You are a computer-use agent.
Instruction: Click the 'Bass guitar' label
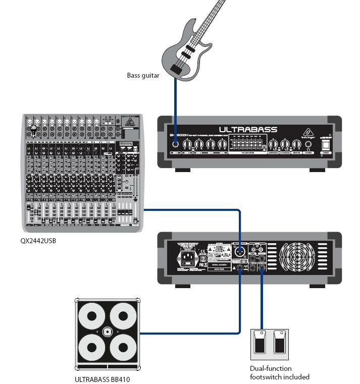coord(143,76)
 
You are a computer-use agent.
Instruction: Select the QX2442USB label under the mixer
coord(38,241)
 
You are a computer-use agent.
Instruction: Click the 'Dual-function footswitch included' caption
coord(279,372)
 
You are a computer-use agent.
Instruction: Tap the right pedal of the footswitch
coord(279,343)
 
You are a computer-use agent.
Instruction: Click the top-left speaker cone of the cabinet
coord(92,317)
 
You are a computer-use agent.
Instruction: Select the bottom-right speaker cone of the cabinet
coord(123,348)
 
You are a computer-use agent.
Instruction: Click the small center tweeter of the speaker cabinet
coord(107,332)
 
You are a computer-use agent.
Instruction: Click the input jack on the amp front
coord(175,144)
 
